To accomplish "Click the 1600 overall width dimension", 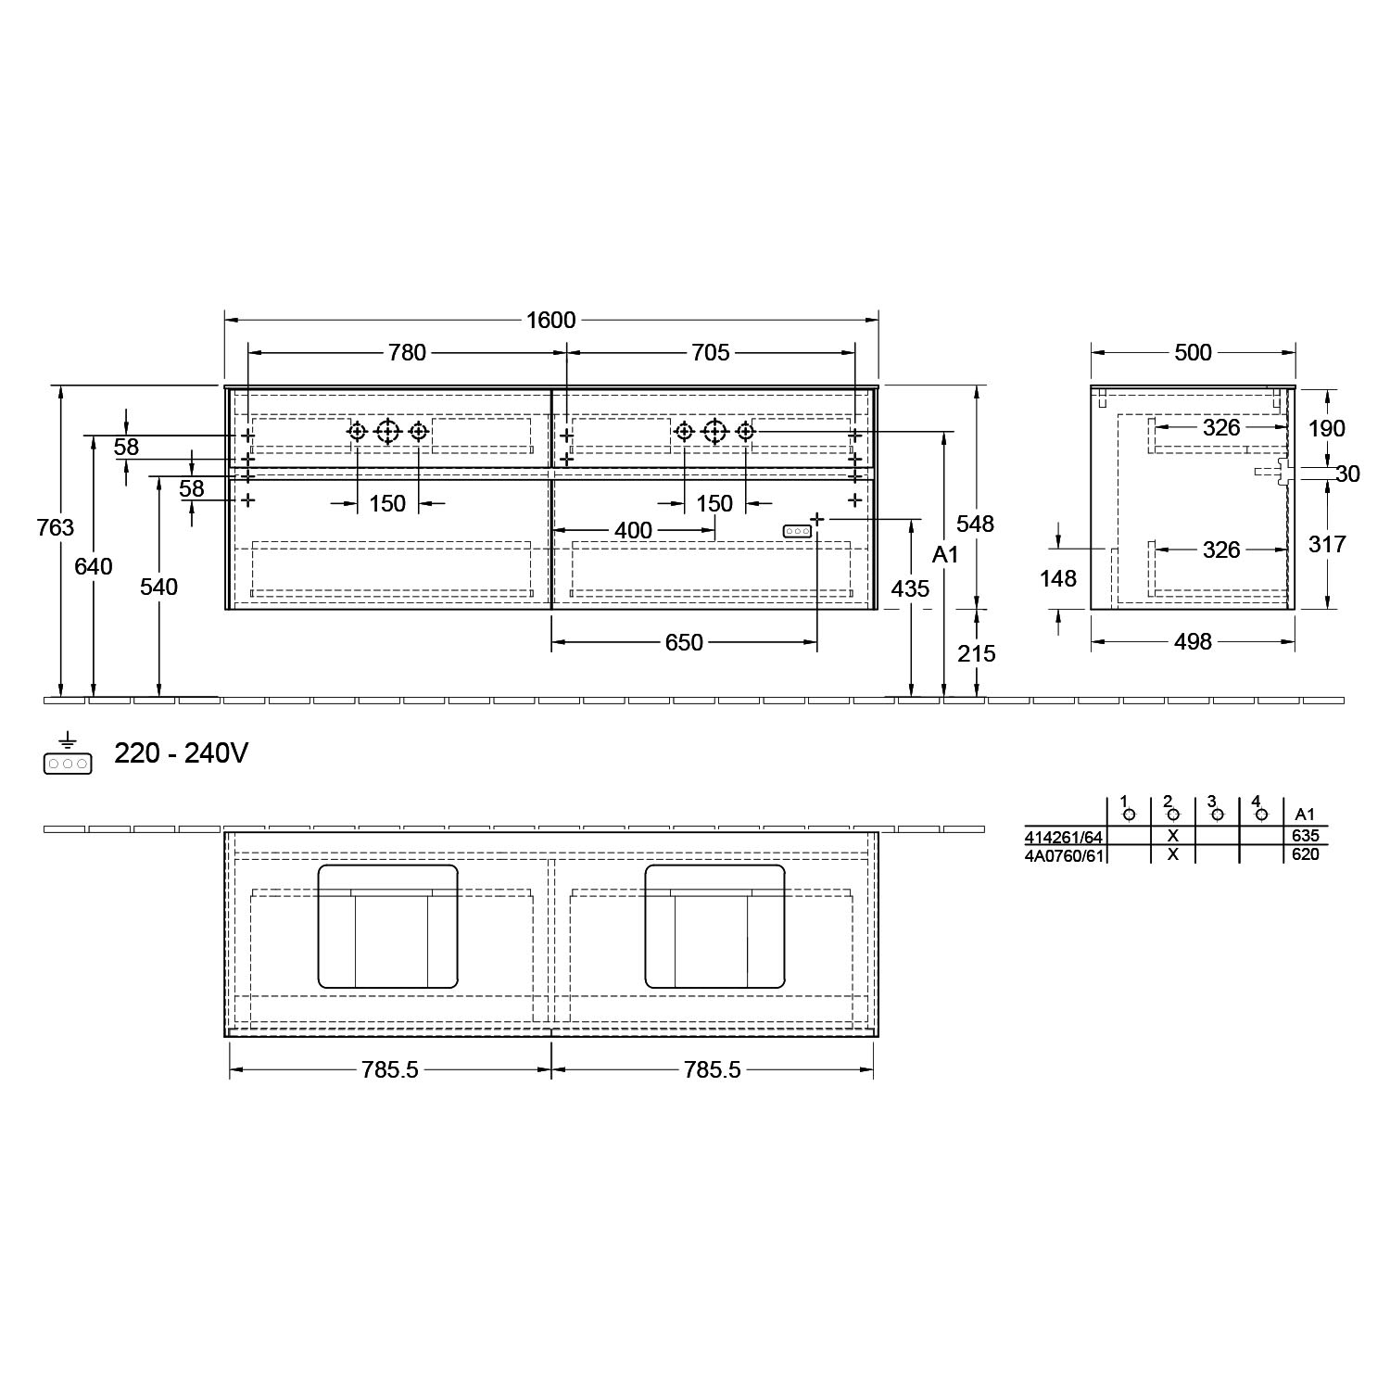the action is pos(551,321).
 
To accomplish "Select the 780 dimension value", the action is pos(407,353).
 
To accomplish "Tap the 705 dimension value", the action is pos(711,353).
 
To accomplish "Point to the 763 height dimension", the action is pos(56,527).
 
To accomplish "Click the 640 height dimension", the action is pos(94,565).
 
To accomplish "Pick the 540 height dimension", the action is pos(159,587).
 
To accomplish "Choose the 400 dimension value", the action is pos(634,531).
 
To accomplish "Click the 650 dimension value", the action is pos(684,643).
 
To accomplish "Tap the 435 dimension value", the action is pos(910,588).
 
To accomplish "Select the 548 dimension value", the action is pos(976,524).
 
